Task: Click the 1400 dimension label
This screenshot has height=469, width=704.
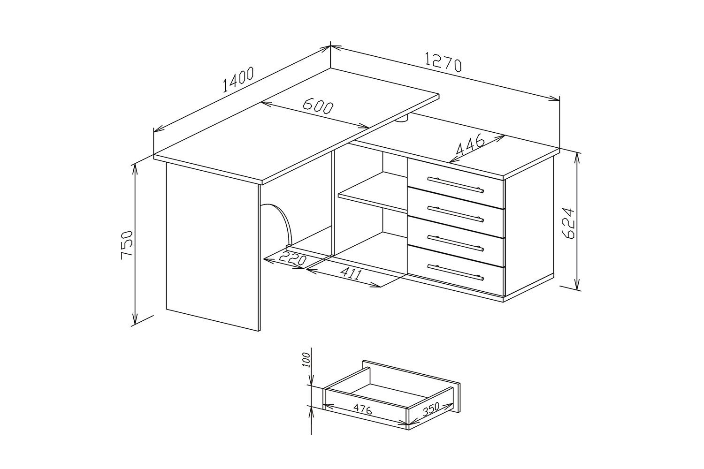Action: point(238,79)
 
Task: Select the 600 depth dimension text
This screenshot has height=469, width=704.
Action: point(318,106)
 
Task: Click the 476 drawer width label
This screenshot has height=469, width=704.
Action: point(362,408)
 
